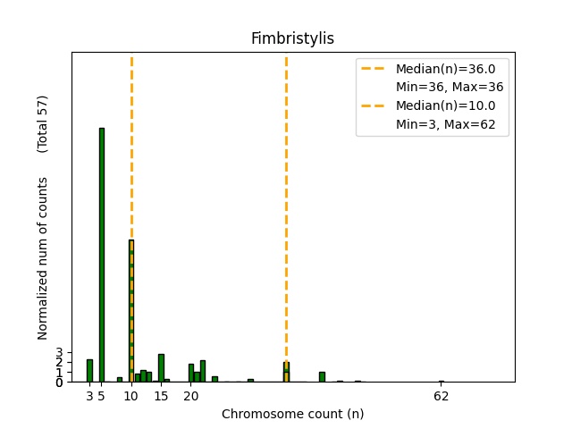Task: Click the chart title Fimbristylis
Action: coord(292,38)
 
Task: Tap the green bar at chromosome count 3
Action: coord(89,370)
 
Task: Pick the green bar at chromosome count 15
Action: coord(161,367)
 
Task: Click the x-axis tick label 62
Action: coord(441,396)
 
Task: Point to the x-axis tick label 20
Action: coord(190,396)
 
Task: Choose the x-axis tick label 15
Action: coord(161,396)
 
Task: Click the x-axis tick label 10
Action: coord(131,396)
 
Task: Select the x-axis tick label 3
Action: coord(89,396)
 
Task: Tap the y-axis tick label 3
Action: coord(59,353)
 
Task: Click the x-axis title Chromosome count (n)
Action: coord(292,414)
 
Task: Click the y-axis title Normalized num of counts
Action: coord(43,257)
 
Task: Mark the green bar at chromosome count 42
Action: coord(322,376)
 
